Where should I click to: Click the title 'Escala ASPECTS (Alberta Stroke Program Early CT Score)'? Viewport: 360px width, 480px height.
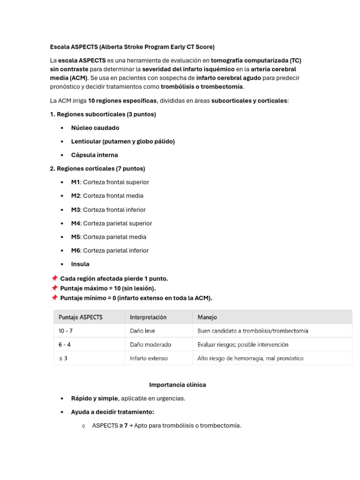point(132,47)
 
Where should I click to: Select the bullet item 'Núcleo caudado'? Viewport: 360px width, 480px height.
point(95,128)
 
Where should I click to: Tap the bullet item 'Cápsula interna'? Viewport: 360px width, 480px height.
point(94,155)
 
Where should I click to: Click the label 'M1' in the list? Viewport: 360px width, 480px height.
point(75,182)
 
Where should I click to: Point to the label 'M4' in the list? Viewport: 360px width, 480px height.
point(75,224)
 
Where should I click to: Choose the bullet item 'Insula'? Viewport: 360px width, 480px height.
point(80,264)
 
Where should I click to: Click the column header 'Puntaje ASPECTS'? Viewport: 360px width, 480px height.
point(80,317)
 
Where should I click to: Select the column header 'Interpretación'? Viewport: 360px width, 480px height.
point(148,317)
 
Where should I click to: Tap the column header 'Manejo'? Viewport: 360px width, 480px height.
point(207,317)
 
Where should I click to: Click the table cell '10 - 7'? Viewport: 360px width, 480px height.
point(66,331)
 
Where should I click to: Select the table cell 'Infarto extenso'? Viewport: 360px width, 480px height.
point(149,358)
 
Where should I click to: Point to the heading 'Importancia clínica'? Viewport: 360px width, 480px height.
point(178,385)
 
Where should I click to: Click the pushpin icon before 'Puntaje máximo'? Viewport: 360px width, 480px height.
point(54,288)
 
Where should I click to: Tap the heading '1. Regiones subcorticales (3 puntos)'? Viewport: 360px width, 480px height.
point(103,114)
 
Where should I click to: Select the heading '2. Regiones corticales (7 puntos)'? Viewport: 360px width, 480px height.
point(97,169)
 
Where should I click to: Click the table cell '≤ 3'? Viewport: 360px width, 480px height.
point(63,358)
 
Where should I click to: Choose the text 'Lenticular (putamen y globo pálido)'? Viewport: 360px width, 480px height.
point(123,142)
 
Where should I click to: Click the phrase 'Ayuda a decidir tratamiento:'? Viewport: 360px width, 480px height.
point(112,412)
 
